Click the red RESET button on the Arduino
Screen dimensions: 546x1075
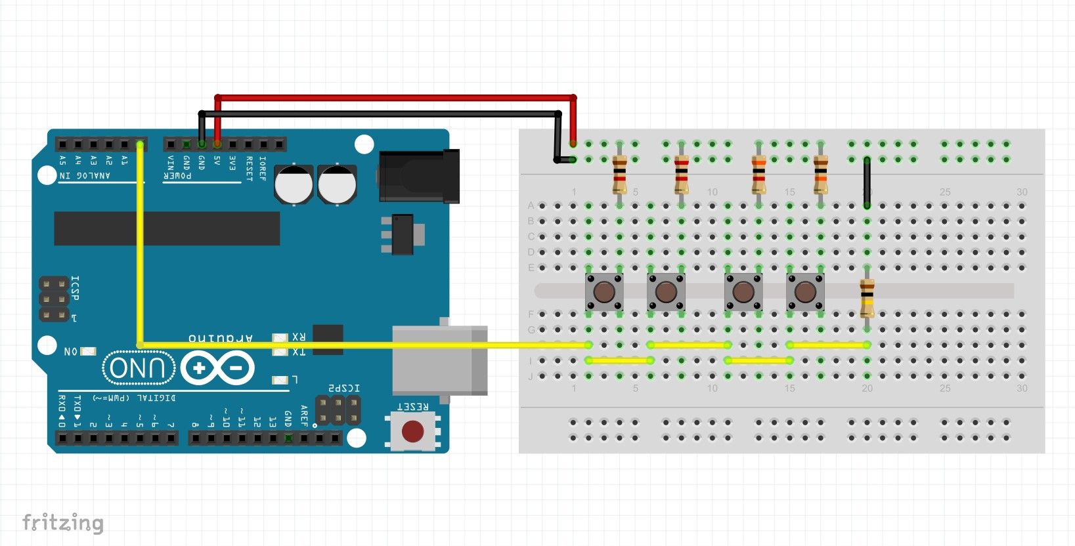(x=412, y=431)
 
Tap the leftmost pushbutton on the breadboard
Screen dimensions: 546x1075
(x=604, y=291)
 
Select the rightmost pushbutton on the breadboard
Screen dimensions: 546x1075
(x=805, y=291)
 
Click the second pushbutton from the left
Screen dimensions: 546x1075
(x=666, y=291)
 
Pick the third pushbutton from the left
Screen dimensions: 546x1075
(x=743, y=291)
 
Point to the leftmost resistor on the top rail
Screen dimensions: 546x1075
(x=619, y=174)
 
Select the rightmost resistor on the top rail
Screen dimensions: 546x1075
(x=820, y=174)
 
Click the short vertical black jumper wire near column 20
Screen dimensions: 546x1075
(x=867, y=182)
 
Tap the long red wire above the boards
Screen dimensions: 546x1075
(x=394, y=98)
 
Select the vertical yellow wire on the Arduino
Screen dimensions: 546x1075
(x=140, y=249)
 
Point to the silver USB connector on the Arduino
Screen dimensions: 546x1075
(x=439, y=360)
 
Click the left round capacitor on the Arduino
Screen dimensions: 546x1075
(x=294, y=183)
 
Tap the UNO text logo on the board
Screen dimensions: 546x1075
(x=139, y=368)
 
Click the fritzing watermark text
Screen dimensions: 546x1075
(x=63, y=522)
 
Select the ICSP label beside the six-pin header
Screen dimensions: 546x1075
(x=74, y=289)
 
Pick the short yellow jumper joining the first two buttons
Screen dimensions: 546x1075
(x=619, y=360)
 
